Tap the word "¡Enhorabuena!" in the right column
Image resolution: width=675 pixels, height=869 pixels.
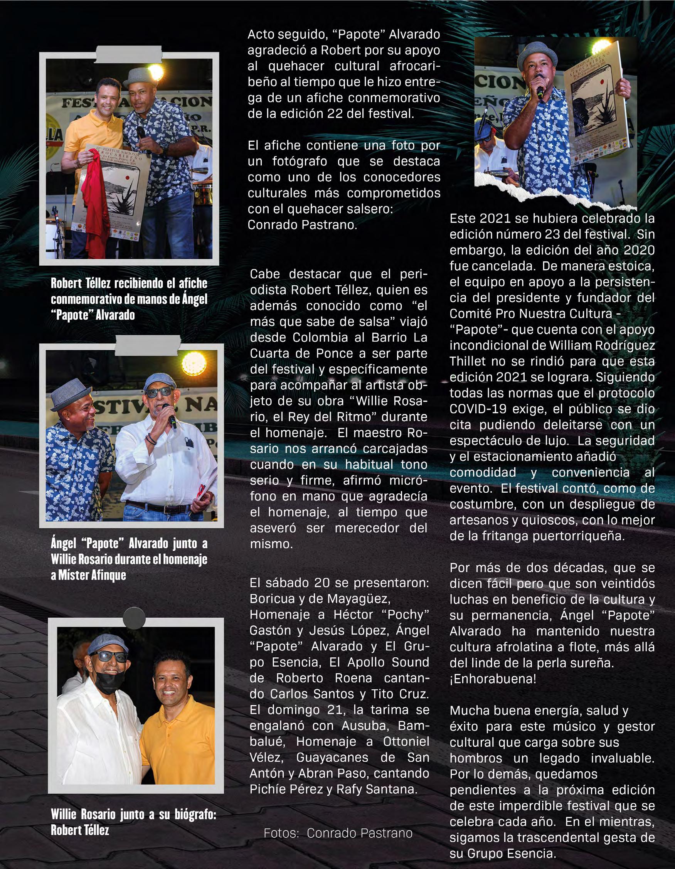click(x=493, y=679)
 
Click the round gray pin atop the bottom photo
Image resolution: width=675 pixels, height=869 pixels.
click(x=134, y=618)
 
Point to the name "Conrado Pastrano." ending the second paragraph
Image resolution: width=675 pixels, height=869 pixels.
click(x=302, y=225)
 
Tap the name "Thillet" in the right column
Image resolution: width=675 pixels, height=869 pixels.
click(x=468, y=361)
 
